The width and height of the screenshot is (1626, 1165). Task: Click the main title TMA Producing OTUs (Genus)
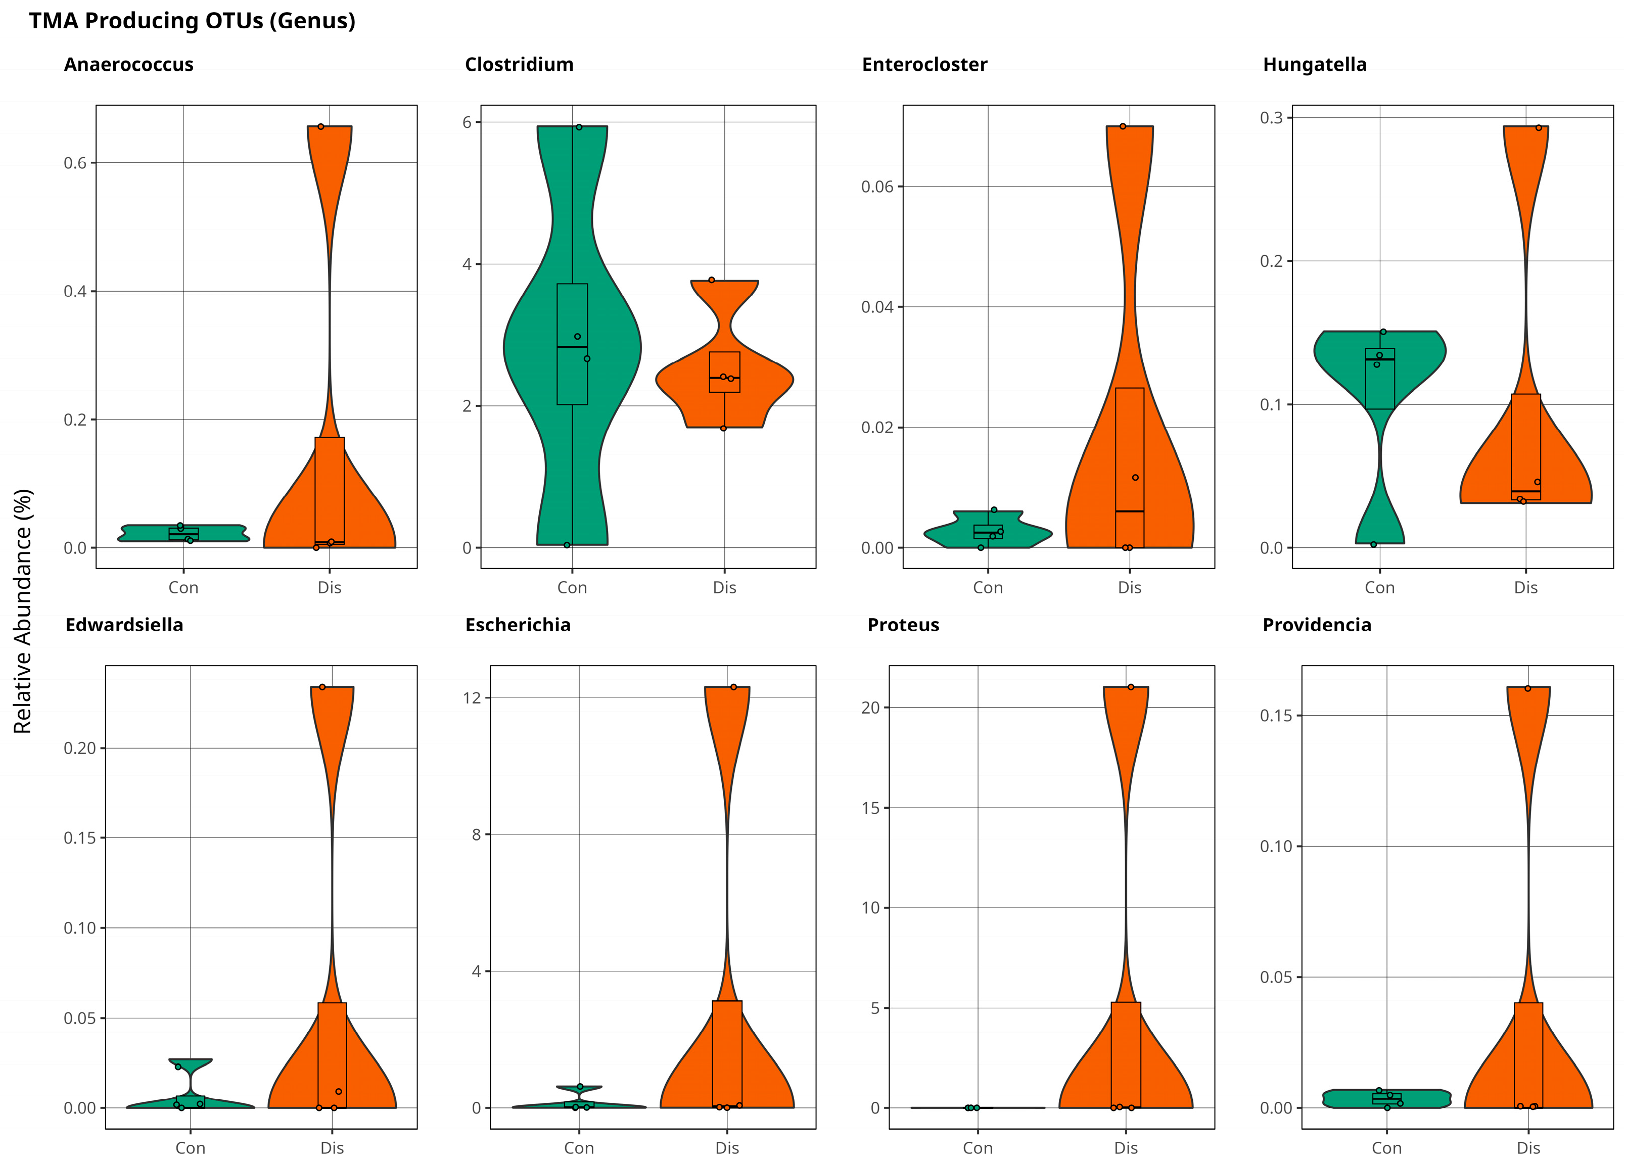[192, 21]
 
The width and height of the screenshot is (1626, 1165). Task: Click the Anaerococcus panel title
[128, 65]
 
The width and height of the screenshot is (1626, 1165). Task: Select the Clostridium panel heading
[519, 65]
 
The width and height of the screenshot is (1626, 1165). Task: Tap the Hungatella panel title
[1314, 65]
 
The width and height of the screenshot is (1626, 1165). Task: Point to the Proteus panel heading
[903, 624]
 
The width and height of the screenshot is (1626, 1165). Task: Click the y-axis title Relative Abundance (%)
[23, 611]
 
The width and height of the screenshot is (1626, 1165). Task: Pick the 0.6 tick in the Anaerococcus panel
[75, 163]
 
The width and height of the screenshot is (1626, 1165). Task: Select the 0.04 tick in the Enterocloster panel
[877, 307]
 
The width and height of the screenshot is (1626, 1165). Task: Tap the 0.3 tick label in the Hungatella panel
[1271, 118]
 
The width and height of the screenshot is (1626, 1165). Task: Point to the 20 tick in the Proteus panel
[870, 708]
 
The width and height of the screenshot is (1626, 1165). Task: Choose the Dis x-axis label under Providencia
[1528, 1148]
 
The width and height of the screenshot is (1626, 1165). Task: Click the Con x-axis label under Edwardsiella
[191, 1148]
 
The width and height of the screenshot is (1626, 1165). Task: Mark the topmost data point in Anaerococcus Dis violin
[320, 127]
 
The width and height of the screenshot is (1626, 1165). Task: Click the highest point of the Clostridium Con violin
[579, 127]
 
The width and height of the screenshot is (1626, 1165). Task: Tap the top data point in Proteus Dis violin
[1131, 687]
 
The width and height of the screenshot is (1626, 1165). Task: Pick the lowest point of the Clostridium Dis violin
[723, 429]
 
